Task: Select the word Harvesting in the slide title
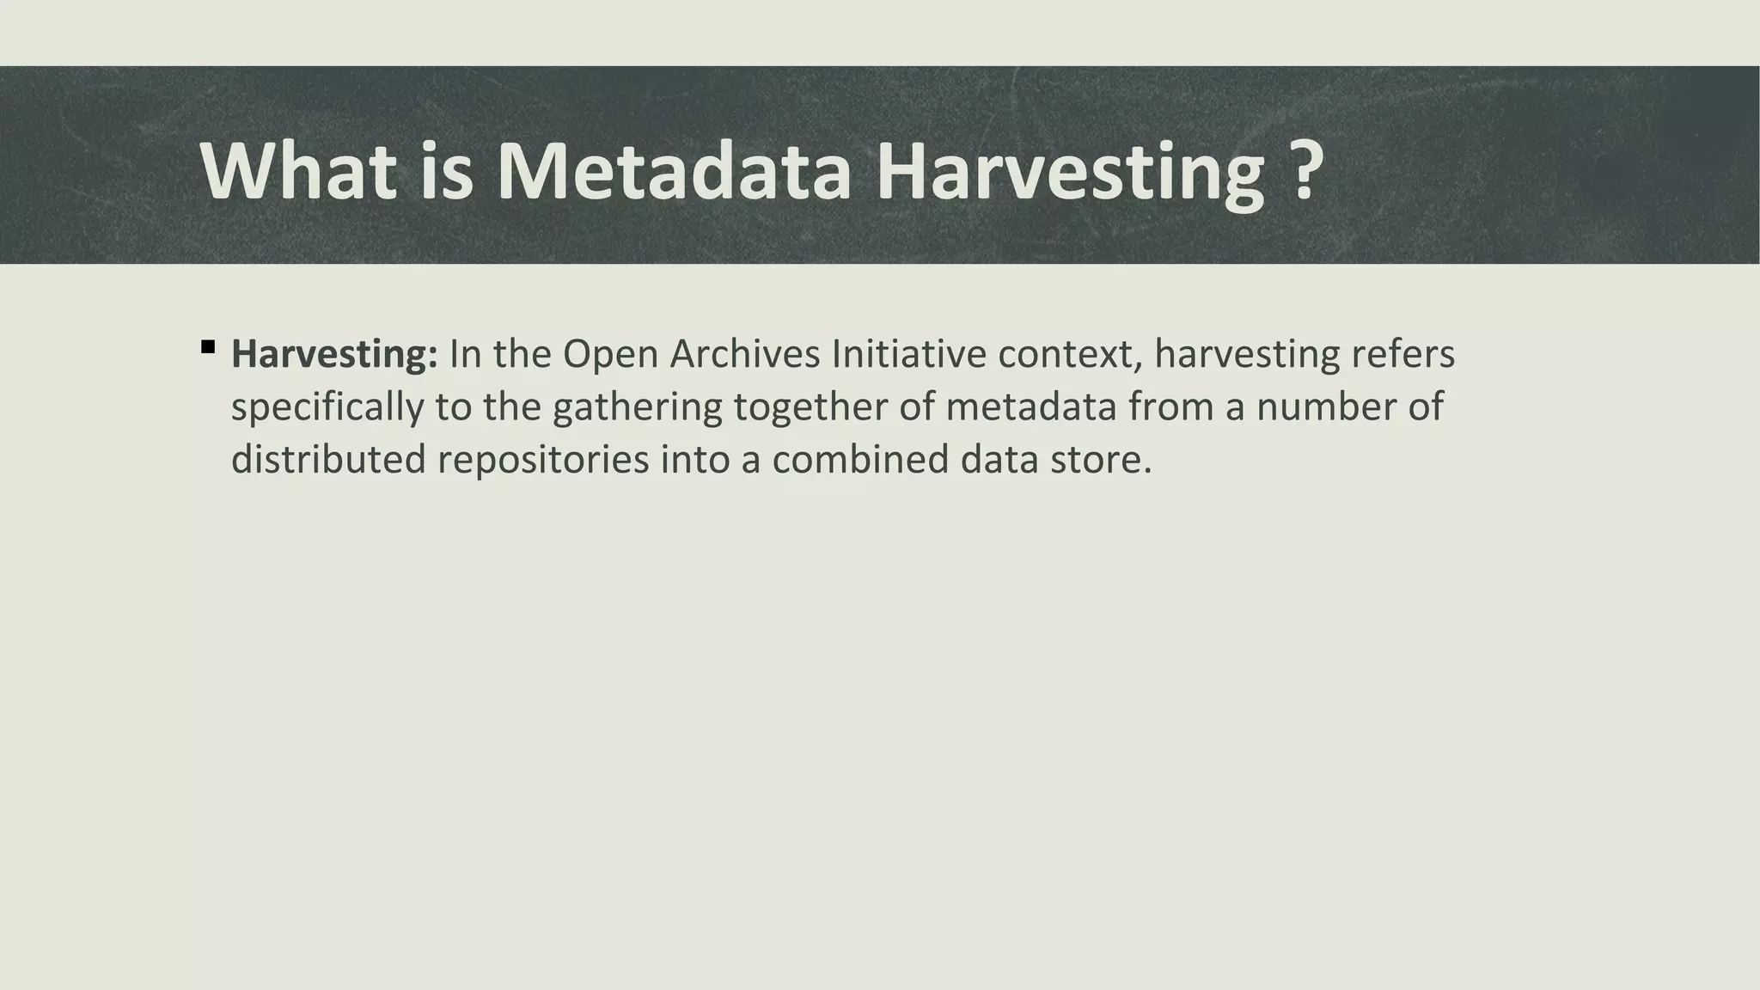pyautogui.click(x=1070, y=172)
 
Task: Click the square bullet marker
pyautogui.click(x=207, y=347)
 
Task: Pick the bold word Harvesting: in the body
pyautogui.click(x=334, y=354)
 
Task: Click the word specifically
pyautogui.click(x=327, y=407)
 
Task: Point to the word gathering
pyautogui.click(x=637, y=407)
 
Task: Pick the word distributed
pyautogui.click(x=328, y=460)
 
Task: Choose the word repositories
pyautogui.click(x=543, y=460)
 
